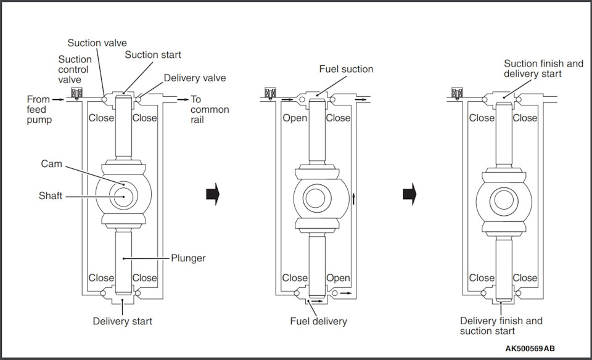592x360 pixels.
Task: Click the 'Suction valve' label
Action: [x=97, y=43]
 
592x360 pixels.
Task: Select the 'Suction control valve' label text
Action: [x=75, y=70]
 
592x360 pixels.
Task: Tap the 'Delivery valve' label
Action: [x=195, y=78]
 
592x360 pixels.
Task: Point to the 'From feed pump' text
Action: [x=39, y=109]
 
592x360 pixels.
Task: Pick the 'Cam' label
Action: [x=52, y=164]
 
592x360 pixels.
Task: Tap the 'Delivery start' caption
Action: [x=122, y=321]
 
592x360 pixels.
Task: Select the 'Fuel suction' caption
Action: [x=346, y=70]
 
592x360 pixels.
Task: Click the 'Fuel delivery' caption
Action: [x=319, y=321]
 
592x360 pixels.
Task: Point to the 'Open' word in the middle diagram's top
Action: [x=295, y=118]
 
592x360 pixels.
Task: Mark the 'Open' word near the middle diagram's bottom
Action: [x=338, y=278]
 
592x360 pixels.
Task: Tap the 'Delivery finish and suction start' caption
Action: [x=501, y=326]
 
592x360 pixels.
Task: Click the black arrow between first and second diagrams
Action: [x=213, y=194]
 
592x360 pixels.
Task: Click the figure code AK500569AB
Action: [x=530, y=349]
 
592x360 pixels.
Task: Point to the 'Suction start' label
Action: [x=153, y=55]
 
